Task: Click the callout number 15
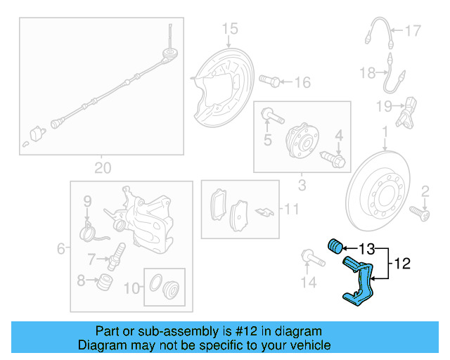[x=230, y=29]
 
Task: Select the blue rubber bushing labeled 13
[x=335, y=246]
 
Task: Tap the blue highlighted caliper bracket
[x=359, y=281]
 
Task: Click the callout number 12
[x=402, y=264]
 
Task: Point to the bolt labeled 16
[x=269, y=81]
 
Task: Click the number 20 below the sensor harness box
[x=103, y=168]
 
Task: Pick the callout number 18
[x=368, y=72]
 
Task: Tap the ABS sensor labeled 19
[x=406, y=112]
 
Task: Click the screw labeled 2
[x=419, y=214]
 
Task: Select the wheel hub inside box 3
[x=302, y=141]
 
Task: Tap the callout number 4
[x=339, y=135]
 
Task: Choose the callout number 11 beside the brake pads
[x=292, y=210]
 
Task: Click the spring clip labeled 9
[x=93, y=231]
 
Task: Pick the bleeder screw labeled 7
[x=116, y=257]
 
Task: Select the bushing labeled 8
[x=105, y=282]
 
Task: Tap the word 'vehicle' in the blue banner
[x=311, y=345]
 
